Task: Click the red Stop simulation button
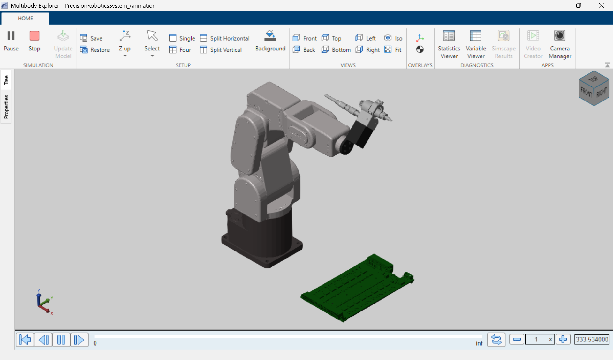(x=34, y=40)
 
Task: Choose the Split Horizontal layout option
(x=225, y=38)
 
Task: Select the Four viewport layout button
(x=180, y=50)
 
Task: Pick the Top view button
(x=331, y=38)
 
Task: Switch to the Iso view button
(x=393, y=38)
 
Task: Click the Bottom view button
(x=336, y=50)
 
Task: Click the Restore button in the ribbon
(x=95, y=50)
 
